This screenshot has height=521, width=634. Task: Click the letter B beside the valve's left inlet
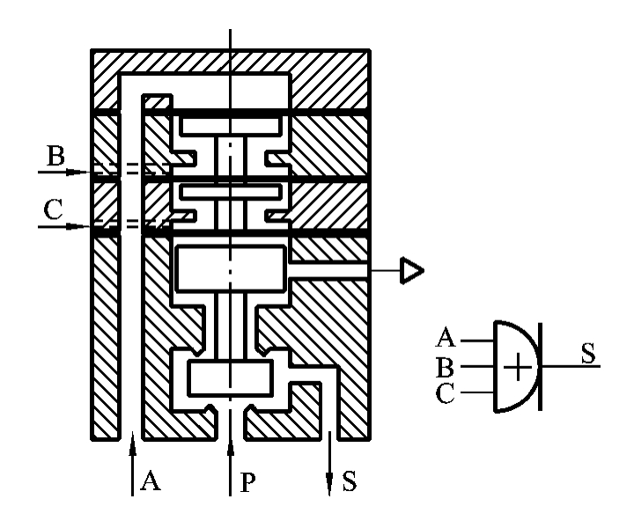(x=55, y=157)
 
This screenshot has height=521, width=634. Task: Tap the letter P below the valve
(x=247, y=482)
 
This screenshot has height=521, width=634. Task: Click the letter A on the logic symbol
(x=447, y=337)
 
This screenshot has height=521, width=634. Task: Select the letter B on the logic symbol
(x=447, y=365)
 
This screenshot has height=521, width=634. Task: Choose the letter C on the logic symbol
(x=446, y=393)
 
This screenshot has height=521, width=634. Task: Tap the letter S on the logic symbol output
(x=587, y=353)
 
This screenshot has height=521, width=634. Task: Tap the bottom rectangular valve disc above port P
(x=231, y=378)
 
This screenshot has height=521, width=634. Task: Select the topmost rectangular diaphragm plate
(x=231, y=126)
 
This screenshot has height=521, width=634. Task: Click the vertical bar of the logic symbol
(x=539, y=365)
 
